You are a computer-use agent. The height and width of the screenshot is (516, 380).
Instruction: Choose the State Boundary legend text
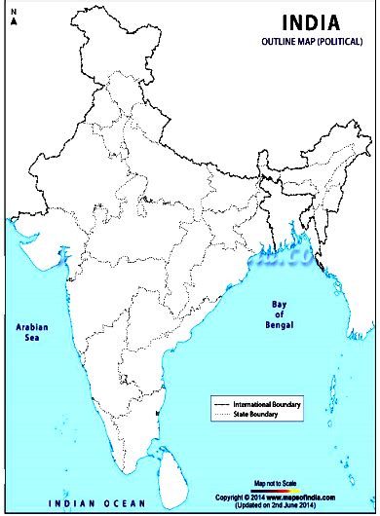[263, 416]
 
